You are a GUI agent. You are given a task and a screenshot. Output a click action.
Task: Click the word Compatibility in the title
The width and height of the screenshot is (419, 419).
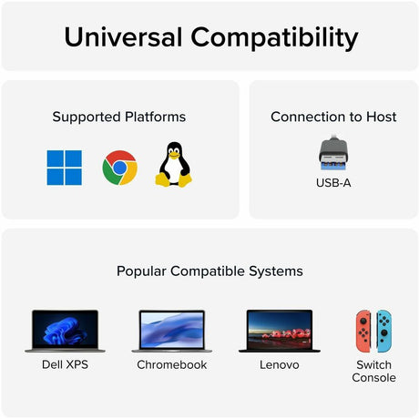click(x=272, y=37)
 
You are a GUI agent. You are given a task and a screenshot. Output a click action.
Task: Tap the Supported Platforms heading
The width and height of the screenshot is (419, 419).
click(x=119, y=117)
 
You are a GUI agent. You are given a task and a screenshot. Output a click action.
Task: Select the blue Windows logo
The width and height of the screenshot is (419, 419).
click(x=65, y=168)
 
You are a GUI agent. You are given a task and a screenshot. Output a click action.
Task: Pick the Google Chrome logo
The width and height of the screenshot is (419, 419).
click(x=119, y=168)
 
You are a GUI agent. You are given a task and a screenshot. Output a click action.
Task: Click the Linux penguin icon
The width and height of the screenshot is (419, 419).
click(x=173, y=166)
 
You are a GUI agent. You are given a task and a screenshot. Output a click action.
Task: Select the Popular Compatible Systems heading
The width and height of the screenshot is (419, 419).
click(x=209, y=271)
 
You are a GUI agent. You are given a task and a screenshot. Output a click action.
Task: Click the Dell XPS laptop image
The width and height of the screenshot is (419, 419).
click(x=65, y=331)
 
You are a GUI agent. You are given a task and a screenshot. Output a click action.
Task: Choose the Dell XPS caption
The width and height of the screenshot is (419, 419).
click(x=65, y=364)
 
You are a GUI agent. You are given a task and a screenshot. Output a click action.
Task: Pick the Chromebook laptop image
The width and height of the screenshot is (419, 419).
click(x=171, y=331)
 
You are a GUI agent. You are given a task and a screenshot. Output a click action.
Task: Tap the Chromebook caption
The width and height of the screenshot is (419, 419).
click(x=171, y=364)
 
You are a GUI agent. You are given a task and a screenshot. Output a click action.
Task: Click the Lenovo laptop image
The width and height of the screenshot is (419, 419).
click(x=280, y=331)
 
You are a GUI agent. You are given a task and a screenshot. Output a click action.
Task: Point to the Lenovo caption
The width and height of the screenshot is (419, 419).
click(x=280, y=364)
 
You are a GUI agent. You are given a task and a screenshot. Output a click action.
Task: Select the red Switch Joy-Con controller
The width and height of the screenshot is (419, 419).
click(x=363, y=331)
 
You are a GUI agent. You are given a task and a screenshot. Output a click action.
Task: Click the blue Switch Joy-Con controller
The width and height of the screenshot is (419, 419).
click(x=383, y=331)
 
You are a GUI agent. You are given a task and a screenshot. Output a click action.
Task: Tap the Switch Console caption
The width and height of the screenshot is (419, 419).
click(x=373, y=371)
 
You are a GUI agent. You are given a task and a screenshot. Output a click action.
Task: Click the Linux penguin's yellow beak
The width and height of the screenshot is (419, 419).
click(x=173, y=154)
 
